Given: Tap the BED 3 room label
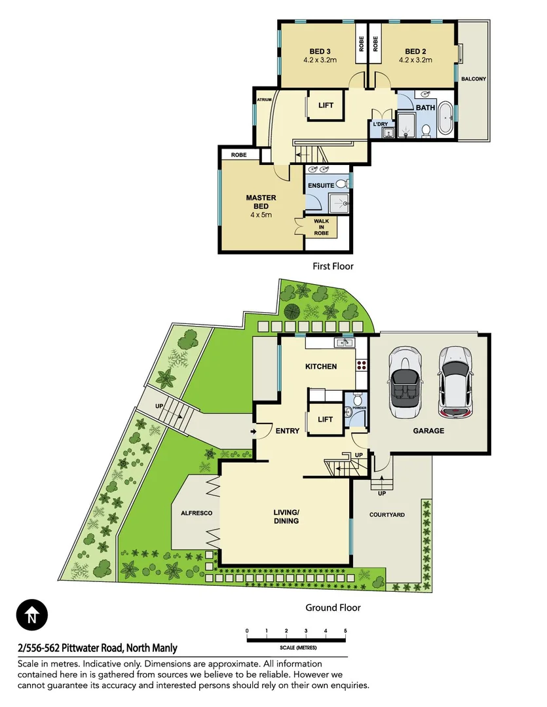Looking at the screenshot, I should (320, 52).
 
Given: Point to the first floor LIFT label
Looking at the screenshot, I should (326, 105).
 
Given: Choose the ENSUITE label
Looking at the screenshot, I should (322, 185).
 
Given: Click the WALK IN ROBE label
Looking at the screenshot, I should (321, 227).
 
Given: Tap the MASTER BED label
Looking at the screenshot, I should (261, 202).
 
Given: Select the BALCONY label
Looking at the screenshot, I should (474, 79).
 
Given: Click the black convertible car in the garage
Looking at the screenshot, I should (400, 382).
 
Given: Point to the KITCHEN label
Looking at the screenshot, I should (321, 367).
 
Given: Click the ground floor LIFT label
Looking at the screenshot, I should (325, 420).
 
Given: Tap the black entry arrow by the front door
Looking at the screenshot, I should (253, 432).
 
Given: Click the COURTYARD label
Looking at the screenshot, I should (387, 515).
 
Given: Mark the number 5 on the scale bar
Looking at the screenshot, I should (345, 631).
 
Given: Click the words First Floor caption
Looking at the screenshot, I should (333, 266).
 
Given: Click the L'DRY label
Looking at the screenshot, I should (381, 124).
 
